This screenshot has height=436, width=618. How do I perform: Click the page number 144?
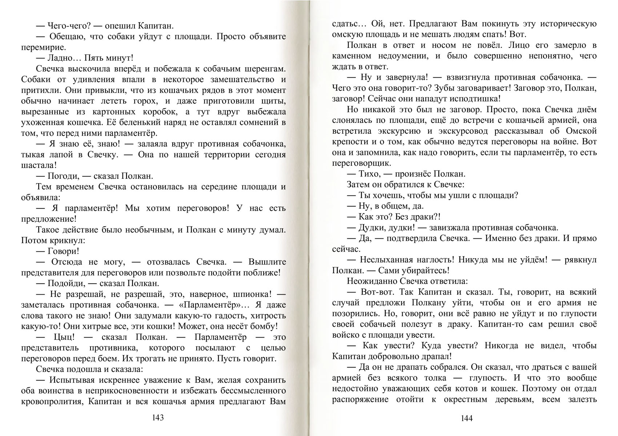pos(466,418)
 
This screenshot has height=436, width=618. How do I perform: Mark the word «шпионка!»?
pos(246,294)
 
